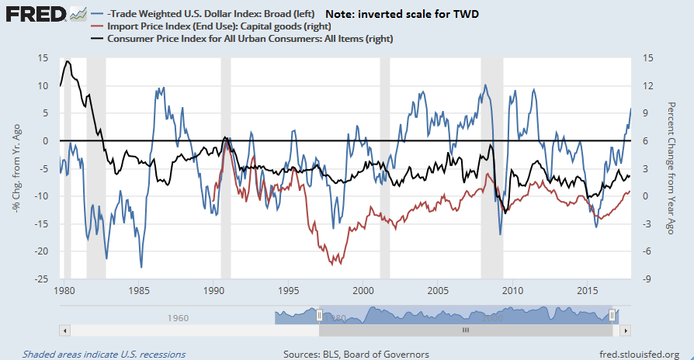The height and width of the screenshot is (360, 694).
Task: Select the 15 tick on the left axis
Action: (x=44, y=58)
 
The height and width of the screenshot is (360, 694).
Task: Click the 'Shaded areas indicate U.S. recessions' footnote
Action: (x=104, y=354)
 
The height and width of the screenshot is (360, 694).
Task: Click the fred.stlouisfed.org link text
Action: (x=637, y=354)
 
